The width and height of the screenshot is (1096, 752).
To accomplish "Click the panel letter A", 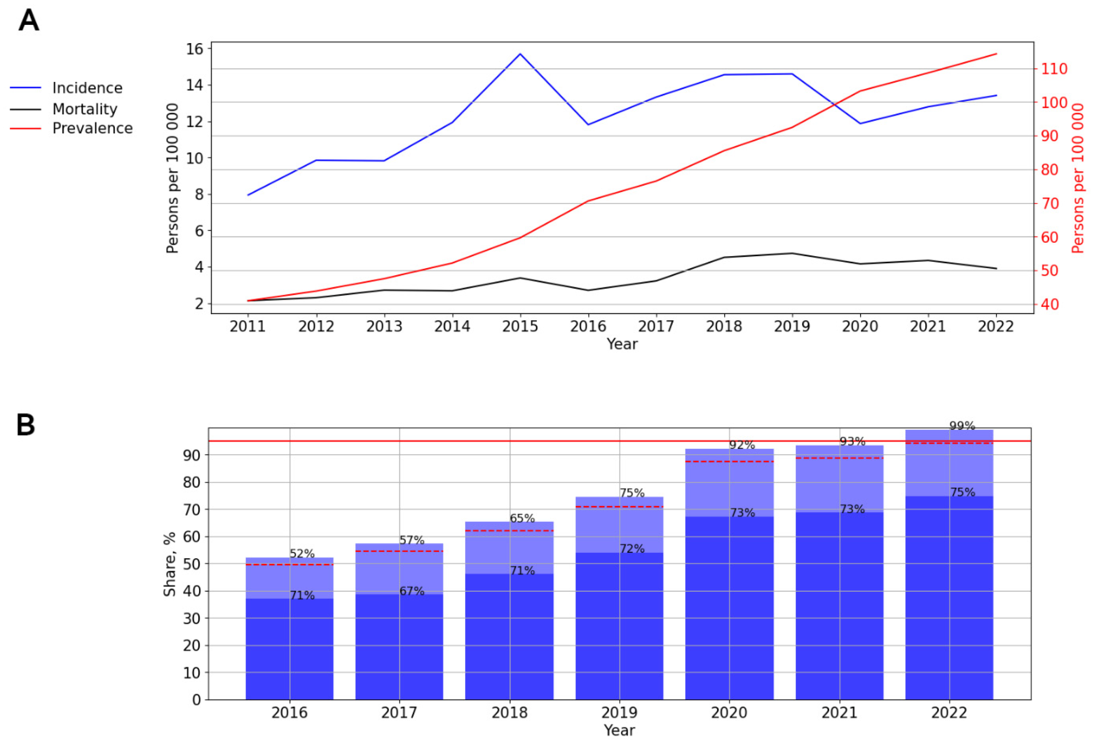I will (29, 21).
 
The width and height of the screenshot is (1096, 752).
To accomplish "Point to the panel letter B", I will (26, 425).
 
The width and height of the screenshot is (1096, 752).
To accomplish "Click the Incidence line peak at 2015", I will (520, 54).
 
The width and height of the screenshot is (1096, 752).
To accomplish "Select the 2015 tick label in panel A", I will (520, 326).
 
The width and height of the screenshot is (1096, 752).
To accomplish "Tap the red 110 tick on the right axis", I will (1054, 69).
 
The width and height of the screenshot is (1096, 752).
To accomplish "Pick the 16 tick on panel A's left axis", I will (194, 49).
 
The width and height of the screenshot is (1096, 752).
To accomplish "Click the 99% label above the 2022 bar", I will (962, 426).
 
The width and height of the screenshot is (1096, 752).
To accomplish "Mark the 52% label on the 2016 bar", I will (302, 554).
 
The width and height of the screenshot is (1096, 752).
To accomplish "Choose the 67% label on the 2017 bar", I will (412, 591).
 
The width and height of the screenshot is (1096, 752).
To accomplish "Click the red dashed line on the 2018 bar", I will (509, 531).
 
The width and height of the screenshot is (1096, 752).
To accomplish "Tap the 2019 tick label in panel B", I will (619, 713).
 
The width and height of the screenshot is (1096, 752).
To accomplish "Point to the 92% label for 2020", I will (742, 445).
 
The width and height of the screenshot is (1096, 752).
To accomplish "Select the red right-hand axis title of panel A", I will (1077, 178).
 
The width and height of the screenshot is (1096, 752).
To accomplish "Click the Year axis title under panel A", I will (622, 344).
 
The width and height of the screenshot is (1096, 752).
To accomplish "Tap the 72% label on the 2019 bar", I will (632, 549).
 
